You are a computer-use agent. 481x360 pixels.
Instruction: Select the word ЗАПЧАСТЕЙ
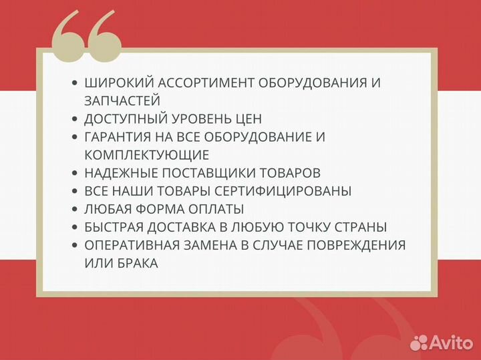[x=122, y=101]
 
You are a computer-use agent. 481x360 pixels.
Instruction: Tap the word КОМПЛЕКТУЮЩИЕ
[x=147, y=155]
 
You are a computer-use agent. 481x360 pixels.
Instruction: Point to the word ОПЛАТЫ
[x=217, y=209]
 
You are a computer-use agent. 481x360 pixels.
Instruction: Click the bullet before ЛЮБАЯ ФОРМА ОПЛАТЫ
[x=75, y=209]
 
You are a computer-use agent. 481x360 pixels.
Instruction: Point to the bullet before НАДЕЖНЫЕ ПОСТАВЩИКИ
[x=75, y=173]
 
